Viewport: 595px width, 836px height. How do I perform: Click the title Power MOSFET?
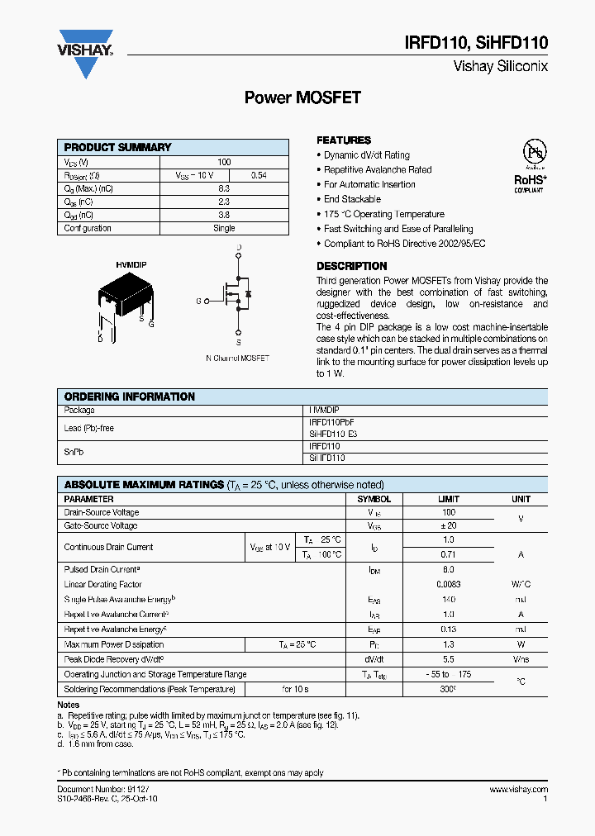pyautogui.click(x=302, y=97)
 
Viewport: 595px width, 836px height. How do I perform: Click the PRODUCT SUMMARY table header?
pyautogui.click(x=117, y=147)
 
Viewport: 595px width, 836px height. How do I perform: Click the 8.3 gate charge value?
pyautogui.click(x=224, y=189)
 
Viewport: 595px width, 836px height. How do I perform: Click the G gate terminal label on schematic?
pyautogui.click(x=198, y=302)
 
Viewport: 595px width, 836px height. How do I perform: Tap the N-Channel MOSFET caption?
pyautogui.click(x=237, y=359)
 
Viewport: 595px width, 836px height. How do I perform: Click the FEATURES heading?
pyautogui.click(x=344, y=140)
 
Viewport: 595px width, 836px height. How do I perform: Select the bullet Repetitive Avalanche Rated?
pyautogui.click(x=378, y=170)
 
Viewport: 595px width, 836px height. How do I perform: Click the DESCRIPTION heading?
pyautogui.click(x=351, y=266)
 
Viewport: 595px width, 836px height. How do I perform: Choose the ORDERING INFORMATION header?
pyautogui.click(x=130, y=397)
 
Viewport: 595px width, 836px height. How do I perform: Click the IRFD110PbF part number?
pyautogui.click(x=331, y=422)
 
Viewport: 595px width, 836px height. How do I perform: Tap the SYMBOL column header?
pyautogui.click(x=374, y=500)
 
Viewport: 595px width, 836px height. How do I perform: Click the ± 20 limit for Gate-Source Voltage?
pyautogui.click(x=449, y=525)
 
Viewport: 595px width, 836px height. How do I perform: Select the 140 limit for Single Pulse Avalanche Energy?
pyautogui.click(x=449, y=599)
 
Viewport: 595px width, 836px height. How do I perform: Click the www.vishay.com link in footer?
pyautogui.click(x=518, y=790)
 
